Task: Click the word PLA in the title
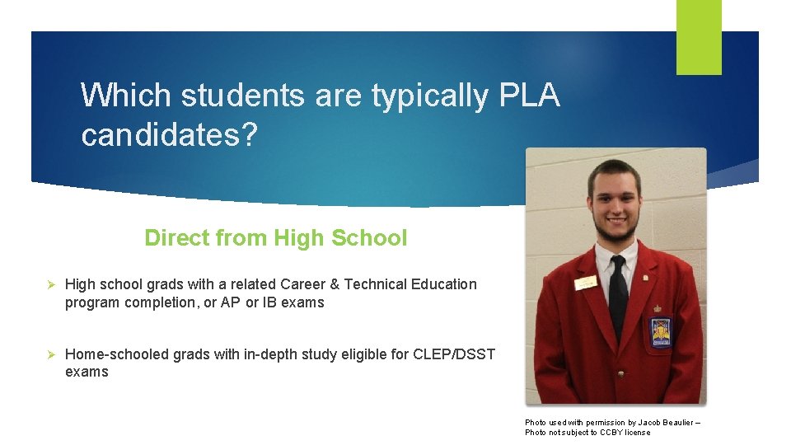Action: pyautogui.click(x=529, y=96)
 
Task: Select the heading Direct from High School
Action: pyautogui.click(x=275, y=238)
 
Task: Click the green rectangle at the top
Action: pyautogui.click(x=699, y=36)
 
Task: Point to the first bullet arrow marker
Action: pyautogui.click(x=50, y=284)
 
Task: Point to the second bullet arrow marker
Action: pyautogui.click(x=50, y=354)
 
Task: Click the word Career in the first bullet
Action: pyautogui.click(x=302, y=284)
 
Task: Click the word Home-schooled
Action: pyautogui.click(x=110, y=354)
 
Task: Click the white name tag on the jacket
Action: pyautogui.click(x=587, y=283)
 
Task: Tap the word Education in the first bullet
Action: pyautogui.click(x=444, y=284)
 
